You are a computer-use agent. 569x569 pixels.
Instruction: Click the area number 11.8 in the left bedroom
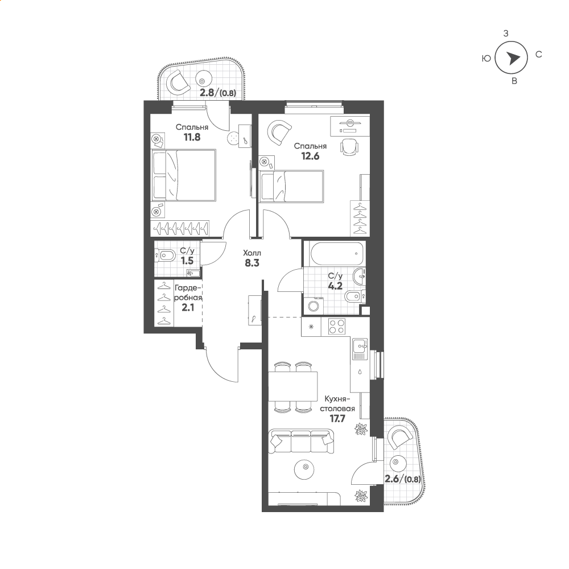tap(192, 137)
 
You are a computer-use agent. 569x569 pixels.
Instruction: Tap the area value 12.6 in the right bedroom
tap(310, 156)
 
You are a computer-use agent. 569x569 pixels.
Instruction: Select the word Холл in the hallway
tap(252, 253)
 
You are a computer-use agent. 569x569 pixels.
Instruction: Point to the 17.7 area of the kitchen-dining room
tap(337, 418)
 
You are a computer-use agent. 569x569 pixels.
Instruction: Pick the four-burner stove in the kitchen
tap(336, 326)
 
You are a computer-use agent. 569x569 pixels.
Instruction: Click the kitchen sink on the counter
tap(359, 348)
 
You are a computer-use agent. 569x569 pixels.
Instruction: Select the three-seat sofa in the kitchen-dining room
tap(301, 441)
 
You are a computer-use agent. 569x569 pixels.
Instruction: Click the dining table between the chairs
tap(293, 386)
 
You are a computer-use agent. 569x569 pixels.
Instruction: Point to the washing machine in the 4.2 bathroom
tap(313, 305)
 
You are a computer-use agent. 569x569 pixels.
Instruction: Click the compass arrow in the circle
tap(513, 58)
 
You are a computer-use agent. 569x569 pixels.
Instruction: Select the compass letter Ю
tap(486, 59)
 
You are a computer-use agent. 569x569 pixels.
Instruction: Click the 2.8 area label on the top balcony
tap(208, 93)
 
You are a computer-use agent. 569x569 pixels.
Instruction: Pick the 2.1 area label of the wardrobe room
tap(188, 307)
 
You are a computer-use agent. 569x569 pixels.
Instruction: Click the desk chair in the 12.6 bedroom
tap(349, 147)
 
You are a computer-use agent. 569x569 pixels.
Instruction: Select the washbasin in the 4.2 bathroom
tap(360, 276)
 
